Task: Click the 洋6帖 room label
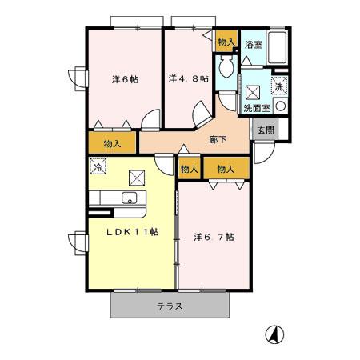click(125, 79)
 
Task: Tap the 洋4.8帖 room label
click(189, 78)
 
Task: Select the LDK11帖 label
click(133, 232)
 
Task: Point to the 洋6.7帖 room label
click(214, 237)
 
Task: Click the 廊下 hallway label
click(218, 139)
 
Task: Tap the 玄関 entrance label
click(266, 130)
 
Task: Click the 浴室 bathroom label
click(254, 45)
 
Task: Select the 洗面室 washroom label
click(257, 108)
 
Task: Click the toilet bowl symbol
click(226, 66)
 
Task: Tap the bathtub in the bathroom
click(277, 47)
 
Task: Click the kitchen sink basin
click(130, 198)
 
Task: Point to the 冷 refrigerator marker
click(98, 166)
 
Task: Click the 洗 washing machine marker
click(279, 86)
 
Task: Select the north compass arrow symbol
click(274, 334)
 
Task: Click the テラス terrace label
click(170, 306)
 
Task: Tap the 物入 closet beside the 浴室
click(226, 42)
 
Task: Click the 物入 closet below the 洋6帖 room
click(112, 143)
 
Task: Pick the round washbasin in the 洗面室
click(280, 106)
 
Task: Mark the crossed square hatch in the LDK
click(137, 178)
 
